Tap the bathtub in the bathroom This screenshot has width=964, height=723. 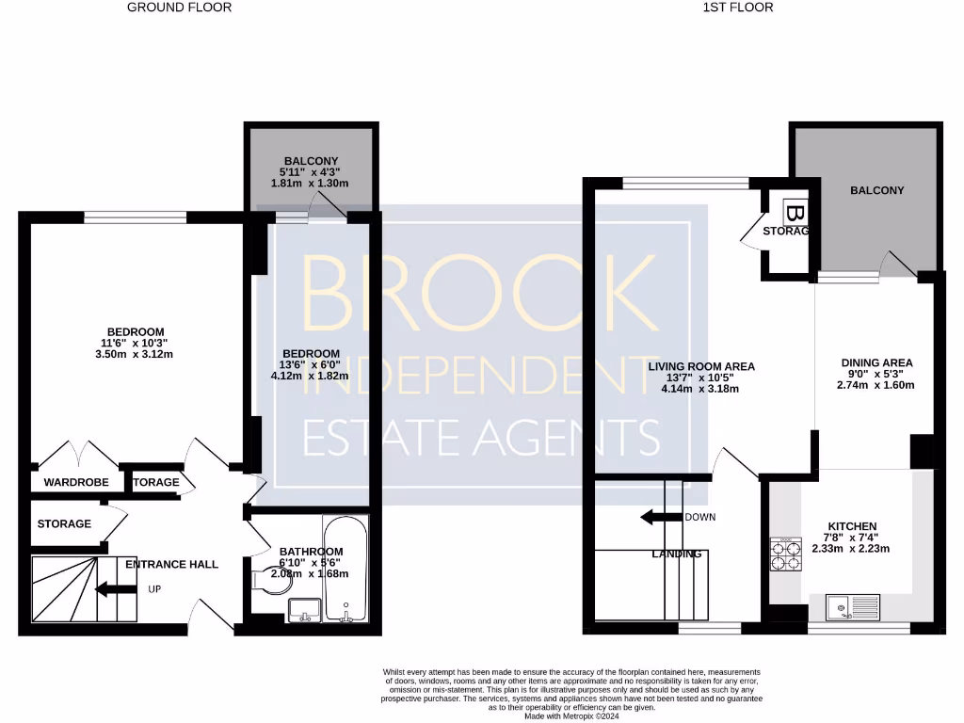[x=345, y=569]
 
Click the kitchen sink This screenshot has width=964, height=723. [x=853, y=608]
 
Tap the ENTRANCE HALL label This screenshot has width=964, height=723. [x=171, y=564]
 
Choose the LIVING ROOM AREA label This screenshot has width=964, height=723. [x=700, y=366]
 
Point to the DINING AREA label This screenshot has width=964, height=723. [x=876, y=361]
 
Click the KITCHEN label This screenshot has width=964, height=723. [x=852, y=525]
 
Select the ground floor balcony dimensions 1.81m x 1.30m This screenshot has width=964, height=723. [x=310, y=183]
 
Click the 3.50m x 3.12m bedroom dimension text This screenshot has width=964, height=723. [x=136, y=354]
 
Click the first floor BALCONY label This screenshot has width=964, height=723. [x=876, y=190]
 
